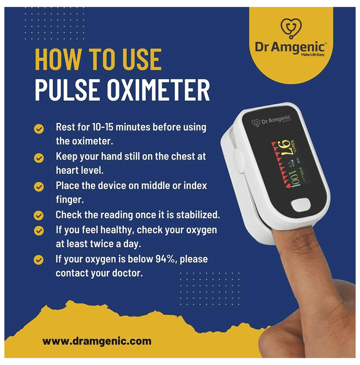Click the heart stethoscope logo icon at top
pos(291,28)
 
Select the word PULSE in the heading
pos(67,90)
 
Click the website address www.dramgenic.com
pos(97,341)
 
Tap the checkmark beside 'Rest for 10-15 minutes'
pos(39,129)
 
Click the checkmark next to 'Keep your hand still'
pos(39,158)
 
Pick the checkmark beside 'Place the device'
pos(39,187)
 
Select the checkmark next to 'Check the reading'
pos(39,215)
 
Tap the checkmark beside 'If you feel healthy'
pos(39,231)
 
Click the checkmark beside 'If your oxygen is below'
pos(39,260)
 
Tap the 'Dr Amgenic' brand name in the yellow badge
pos(290,47)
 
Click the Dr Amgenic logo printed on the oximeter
pos(271,121)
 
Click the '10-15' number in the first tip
pos(103,127)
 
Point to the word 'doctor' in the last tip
pos(127,273)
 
